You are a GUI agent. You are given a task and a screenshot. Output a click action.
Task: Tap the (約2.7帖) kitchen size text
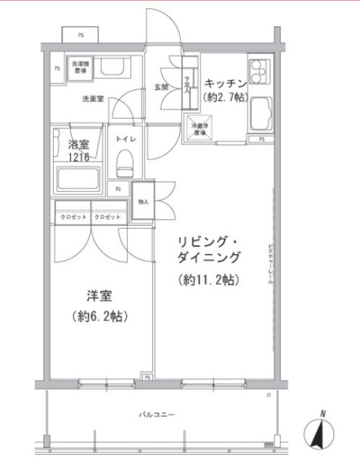(223, 98)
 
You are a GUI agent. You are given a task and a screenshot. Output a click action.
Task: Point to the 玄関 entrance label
(162, 87)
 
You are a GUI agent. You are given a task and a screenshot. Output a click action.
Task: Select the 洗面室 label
(93, 98)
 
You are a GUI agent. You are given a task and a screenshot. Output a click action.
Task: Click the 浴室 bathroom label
(79, 144)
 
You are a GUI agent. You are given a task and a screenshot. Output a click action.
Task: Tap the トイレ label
(124, 139)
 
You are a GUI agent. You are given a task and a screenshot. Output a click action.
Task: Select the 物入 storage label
(144, 202)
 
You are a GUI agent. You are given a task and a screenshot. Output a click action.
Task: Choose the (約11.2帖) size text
(209, 280)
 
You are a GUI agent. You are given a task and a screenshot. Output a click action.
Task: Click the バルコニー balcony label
(157, 415)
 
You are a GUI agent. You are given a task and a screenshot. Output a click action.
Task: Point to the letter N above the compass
(323, 413)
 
